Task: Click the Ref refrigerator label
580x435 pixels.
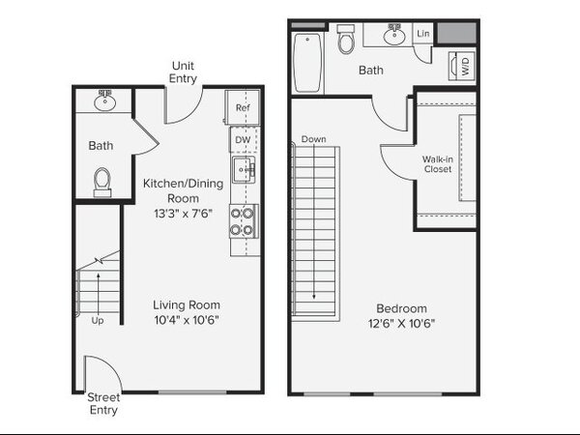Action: pyautogui.click(x=243, y=107)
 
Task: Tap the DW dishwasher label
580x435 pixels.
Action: pyautogui.click(x=243, y=140)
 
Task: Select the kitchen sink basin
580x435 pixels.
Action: pyautogui.click(x=244, y=170)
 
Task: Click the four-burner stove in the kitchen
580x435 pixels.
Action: pyautogui.click(x=244, y=221)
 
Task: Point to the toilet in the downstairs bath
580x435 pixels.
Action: pyautogui.click(x=102, y=183)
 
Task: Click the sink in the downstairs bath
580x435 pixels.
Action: pyautogui.click(x=105, y=101)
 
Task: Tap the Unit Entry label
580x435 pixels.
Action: pyautogui.click(x=183, y=72)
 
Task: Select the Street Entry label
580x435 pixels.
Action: pyautogui.click(x=103, y=403)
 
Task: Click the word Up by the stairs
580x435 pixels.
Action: pyautogui.click(x=98, y=320)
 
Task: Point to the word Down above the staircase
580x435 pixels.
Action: pyautogui.click(x=313, y=139)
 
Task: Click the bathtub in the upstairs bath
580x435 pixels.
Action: pyautogui.click(x=307, y=63)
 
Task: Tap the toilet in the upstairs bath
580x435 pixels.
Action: pyautogui.click(x=346, y=40)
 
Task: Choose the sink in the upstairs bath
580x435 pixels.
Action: pyautogui.click(x=394, y=35)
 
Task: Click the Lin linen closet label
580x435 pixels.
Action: pyautogui.click(x=423, y=33)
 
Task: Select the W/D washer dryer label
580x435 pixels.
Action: pyautogui.click(x=465, y=66)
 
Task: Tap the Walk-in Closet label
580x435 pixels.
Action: pyautogui.click(x=438, y=164)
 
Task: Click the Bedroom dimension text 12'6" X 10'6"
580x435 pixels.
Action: pyautogui.click(x=401, y=324)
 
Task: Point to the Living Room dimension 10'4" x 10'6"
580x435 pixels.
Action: pyautogui.click(x=187, y=320)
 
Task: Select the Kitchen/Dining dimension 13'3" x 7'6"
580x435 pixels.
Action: pyautogui.click(x=183, y=214)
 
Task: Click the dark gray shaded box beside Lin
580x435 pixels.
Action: pyautogui.click(x=457, y=33)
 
